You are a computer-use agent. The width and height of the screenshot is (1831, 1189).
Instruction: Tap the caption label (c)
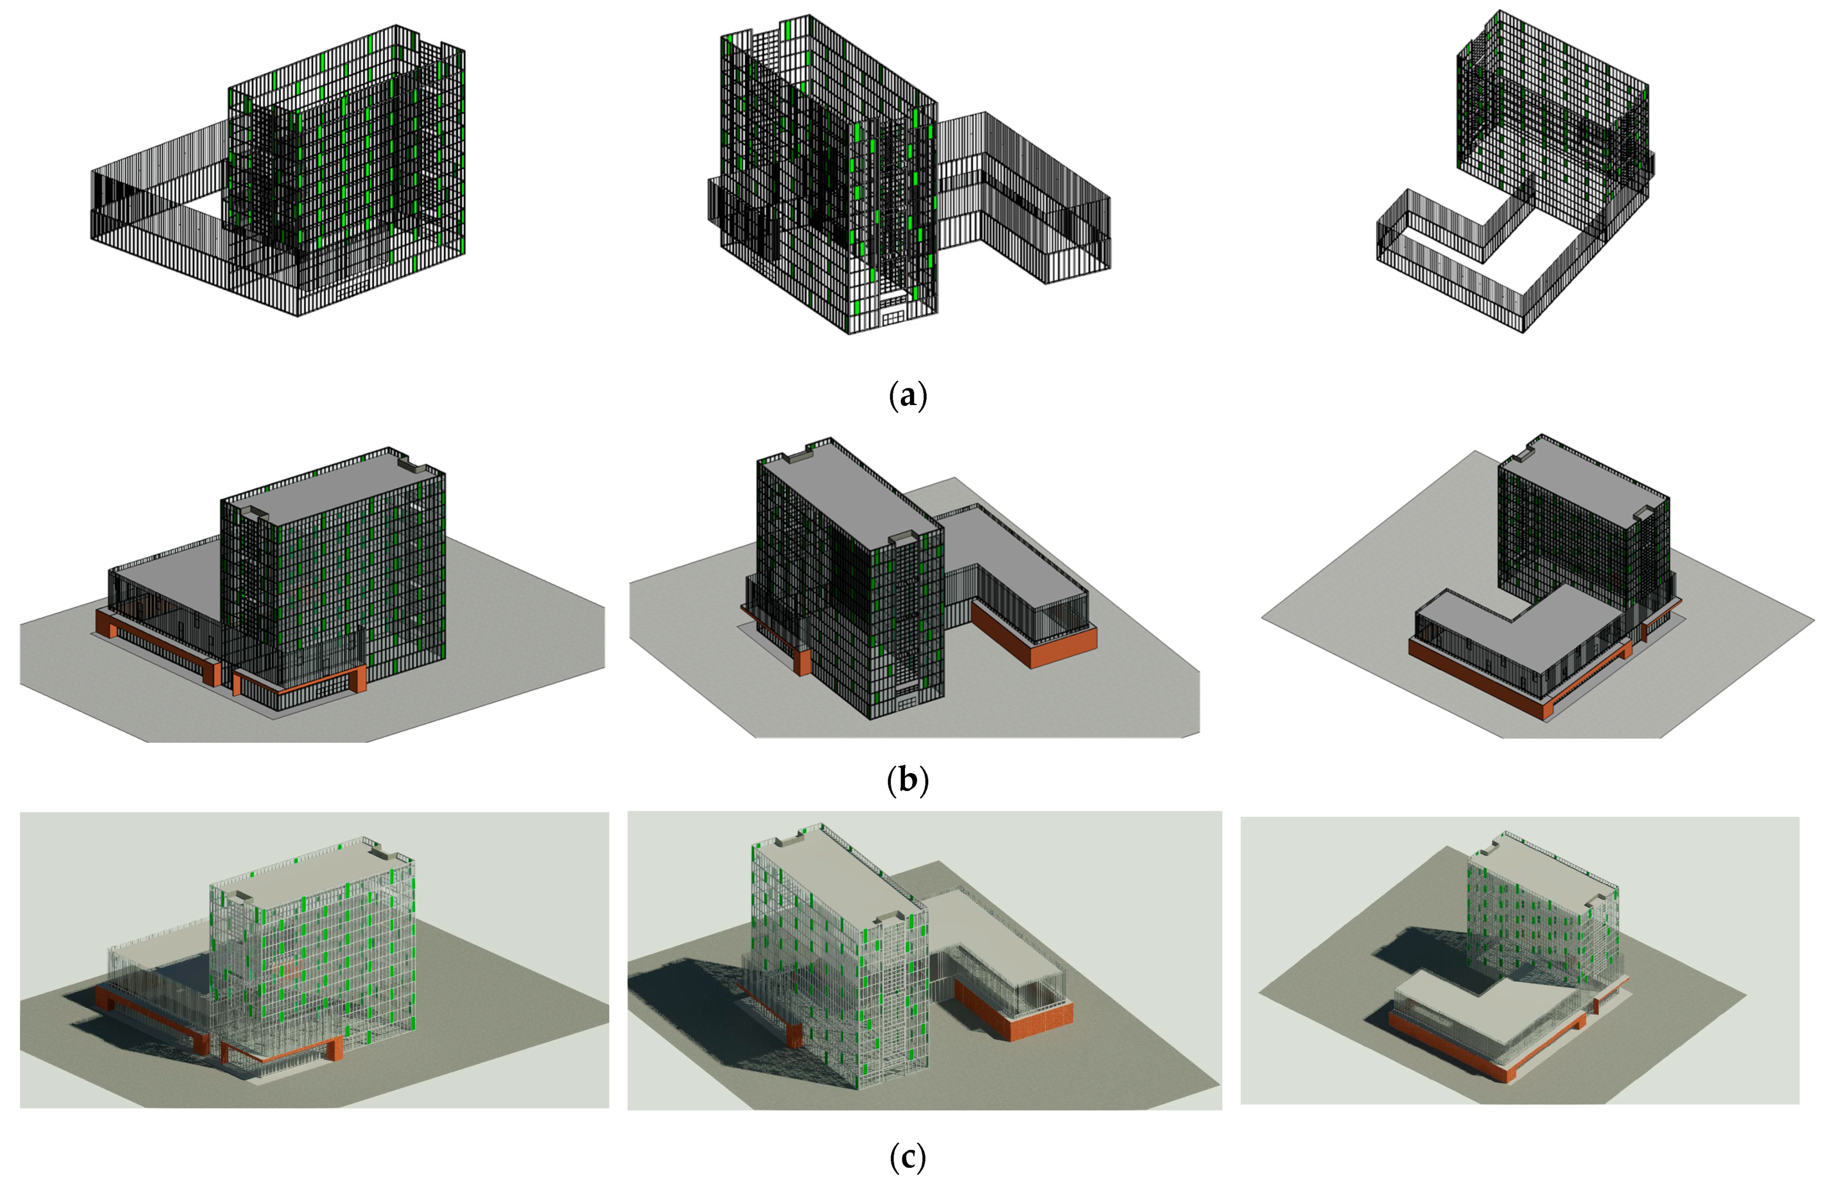click(908, 1157)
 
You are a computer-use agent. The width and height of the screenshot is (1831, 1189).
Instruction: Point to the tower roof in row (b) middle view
click(846, 500)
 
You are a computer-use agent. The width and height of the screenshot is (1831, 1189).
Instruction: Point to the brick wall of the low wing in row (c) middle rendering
click(1016, 1016)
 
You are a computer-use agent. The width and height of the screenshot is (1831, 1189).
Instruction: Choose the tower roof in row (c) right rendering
click(1546, 870)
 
